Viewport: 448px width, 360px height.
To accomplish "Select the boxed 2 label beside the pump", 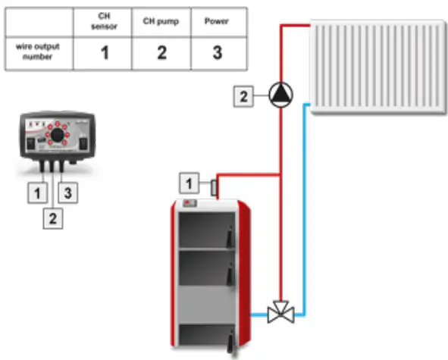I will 243,96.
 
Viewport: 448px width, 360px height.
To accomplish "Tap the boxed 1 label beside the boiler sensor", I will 189,181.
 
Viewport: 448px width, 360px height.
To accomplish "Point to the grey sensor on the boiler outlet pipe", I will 214,186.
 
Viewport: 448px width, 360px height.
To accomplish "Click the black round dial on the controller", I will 55,137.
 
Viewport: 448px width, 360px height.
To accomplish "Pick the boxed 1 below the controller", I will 35,192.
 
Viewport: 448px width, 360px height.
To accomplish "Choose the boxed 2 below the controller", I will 51,218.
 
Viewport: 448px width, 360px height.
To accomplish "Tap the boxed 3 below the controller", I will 67,192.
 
